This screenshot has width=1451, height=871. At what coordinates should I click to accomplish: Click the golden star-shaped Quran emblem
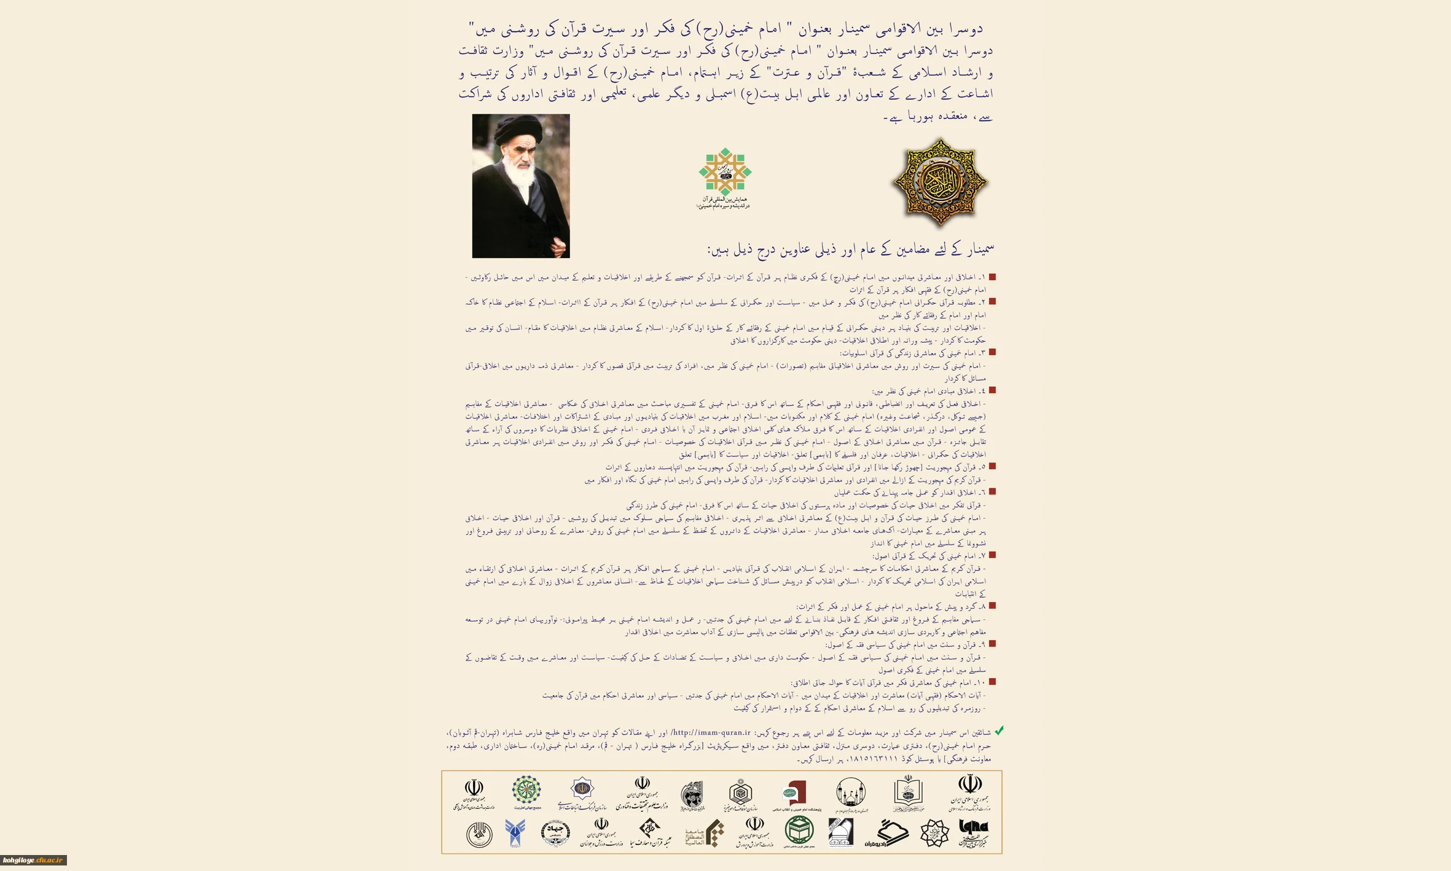coord(939,182)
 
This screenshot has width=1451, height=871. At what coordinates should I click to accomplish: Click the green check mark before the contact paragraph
coord(999,731)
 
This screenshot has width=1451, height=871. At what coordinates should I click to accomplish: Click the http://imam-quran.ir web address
coord(711,733)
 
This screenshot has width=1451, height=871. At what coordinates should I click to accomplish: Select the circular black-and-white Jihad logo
coord(555,834)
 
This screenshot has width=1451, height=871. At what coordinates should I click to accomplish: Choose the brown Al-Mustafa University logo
coord(705,834)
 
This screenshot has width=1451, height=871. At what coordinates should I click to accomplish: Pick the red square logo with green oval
coord(796,793)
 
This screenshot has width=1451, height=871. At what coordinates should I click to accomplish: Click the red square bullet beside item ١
coord(992,277)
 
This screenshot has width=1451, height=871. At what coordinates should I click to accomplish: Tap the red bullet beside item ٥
coord(992,467)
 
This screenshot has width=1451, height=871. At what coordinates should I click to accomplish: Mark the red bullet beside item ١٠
coord(992,682)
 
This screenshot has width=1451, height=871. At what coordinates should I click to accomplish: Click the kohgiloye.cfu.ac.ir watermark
coord(33,861)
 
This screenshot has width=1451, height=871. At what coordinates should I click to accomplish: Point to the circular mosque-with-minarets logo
coord(851,792)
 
